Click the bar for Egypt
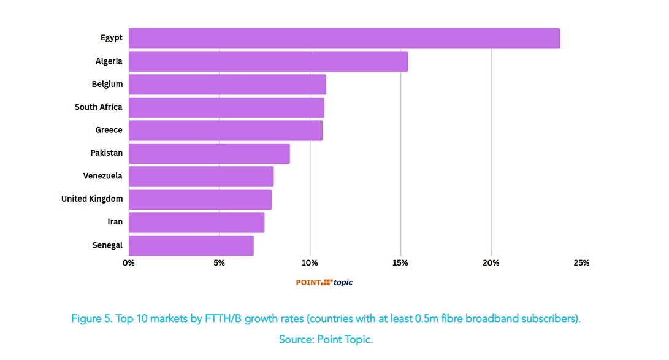point(343,38)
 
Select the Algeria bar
point(268,61)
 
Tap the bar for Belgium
point(227,84)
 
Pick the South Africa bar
point(226,107)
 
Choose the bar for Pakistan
point(209,153)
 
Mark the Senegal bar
point(191,245)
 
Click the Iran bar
point(196,222)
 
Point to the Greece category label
point(109,130)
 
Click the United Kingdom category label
point(92,199)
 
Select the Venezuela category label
point(102,176)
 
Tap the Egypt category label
point(112,38)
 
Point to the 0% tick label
point(129,263)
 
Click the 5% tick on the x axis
point(219,263)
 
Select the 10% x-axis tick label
point(310,263)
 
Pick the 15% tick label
point(400,263)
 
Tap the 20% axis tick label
point(491,263)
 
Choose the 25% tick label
point(581,263)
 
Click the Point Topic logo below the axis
point(324,282)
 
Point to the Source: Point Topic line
point(326,339)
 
